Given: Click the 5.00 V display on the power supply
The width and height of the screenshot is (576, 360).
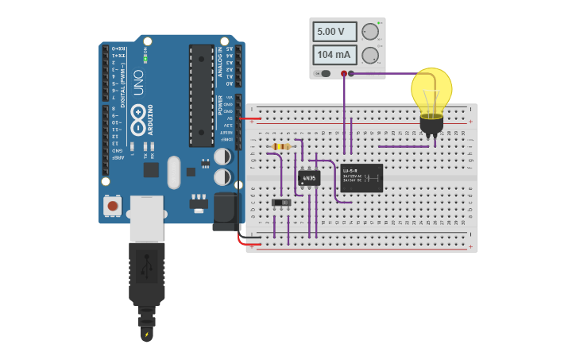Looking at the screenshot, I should [334, 32].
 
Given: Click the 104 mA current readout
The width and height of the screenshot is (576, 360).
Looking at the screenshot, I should [334, 56].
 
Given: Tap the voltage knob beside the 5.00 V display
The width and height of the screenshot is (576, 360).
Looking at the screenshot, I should [369, 32].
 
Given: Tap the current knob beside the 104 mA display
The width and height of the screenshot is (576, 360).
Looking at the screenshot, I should [369, 56].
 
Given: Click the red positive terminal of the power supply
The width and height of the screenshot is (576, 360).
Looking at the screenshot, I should [344, 74].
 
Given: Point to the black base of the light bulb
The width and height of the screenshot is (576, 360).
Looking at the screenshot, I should [431, 124].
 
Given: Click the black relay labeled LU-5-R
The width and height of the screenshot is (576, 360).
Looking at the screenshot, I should [361, 177].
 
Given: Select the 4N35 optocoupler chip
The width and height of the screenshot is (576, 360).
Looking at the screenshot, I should [309, 178].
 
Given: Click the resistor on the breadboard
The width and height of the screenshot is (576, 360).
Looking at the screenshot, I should [280, 146].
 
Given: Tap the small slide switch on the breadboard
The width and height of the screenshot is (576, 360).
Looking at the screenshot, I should [281, 203].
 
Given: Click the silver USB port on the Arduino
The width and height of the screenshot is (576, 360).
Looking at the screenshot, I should [146, 218].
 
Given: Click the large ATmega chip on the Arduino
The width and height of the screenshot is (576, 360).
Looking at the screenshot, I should [201, 95].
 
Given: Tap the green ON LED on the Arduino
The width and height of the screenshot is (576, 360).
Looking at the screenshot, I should [145, 59].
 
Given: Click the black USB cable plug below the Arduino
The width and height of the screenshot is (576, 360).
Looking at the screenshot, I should [147, 274].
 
